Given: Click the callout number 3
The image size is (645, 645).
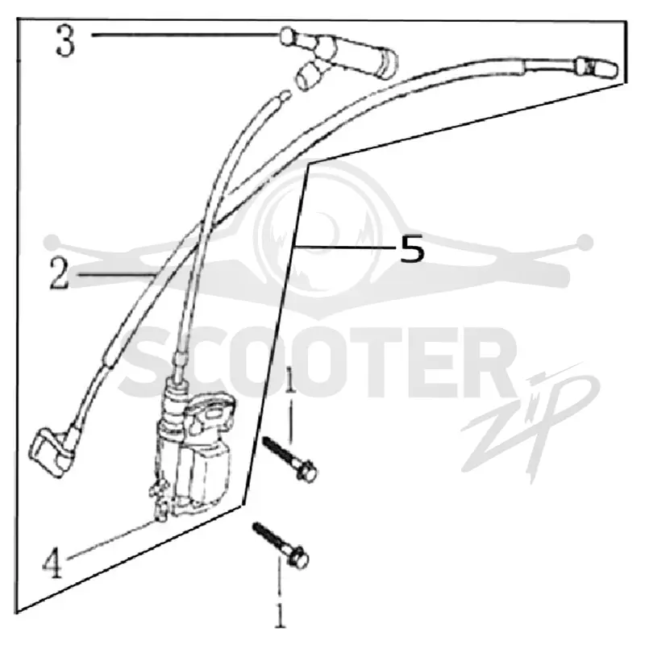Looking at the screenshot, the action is point(66,40).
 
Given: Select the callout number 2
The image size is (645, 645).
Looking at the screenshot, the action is point(60,274).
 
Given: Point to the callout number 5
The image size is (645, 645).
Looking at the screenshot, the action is point(412,248).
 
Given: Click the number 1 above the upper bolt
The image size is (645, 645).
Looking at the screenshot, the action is point(290,381).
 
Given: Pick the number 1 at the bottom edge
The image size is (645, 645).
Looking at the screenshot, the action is point(280,615).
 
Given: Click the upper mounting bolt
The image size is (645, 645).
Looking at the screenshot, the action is point(290,460).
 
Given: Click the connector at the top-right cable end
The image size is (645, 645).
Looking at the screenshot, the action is point(597,67).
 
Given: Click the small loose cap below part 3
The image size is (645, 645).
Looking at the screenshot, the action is point(310,76).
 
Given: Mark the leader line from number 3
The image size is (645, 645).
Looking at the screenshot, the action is point(185,35).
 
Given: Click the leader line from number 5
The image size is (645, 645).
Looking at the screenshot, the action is point(346,247).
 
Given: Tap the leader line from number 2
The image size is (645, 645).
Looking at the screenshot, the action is point(116,274).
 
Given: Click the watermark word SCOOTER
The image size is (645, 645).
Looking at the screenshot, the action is point(317,362).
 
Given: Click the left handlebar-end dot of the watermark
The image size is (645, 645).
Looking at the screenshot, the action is point(52,242).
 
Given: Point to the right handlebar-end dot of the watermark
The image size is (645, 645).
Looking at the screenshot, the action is point(585,243).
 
